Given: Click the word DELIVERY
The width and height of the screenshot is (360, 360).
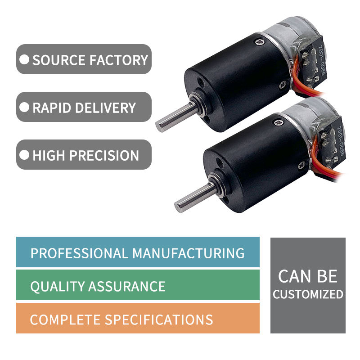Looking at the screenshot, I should click(107, 108).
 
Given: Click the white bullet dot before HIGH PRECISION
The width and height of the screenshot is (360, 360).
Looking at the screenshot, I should click(25, 155).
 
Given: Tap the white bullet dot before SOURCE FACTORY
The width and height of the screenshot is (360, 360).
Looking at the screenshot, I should click(25, 59).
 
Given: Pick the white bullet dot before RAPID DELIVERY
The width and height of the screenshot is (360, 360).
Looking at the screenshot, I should click(25, 108).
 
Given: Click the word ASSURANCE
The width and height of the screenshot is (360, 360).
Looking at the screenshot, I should click(127, 286).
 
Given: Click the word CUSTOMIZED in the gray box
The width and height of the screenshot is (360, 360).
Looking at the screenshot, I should click(308, 295).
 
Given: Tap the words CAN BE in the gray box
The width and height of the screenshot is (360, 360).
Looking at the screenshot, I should click(308, 276).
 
